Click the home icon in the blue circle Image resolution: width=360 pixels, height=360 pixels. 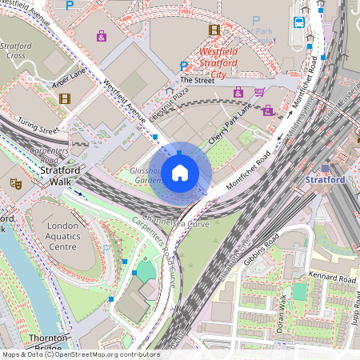pyautogui.click(x=180, y=172)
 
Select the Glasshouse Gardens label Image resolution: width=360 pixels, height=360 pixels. pyautogui.click(x=149, y=175)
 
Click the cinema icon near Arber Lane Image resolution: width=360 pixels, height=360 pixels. pyautogui.click(x=65, y=98)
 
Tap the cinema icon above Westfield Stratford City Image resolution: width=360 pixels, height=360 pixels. pyautogui.click(x=214, y=30)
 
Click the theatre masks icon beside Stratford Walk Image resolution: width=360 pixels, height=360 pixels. pyautogui.click(x=15, y=183)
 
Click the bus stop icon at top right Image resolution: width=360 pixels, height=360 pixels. pyautogui.click(x=301, y=22)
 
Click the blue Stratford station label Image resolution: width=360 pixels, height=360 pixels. pyautogui.click(x=326, y=180)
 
